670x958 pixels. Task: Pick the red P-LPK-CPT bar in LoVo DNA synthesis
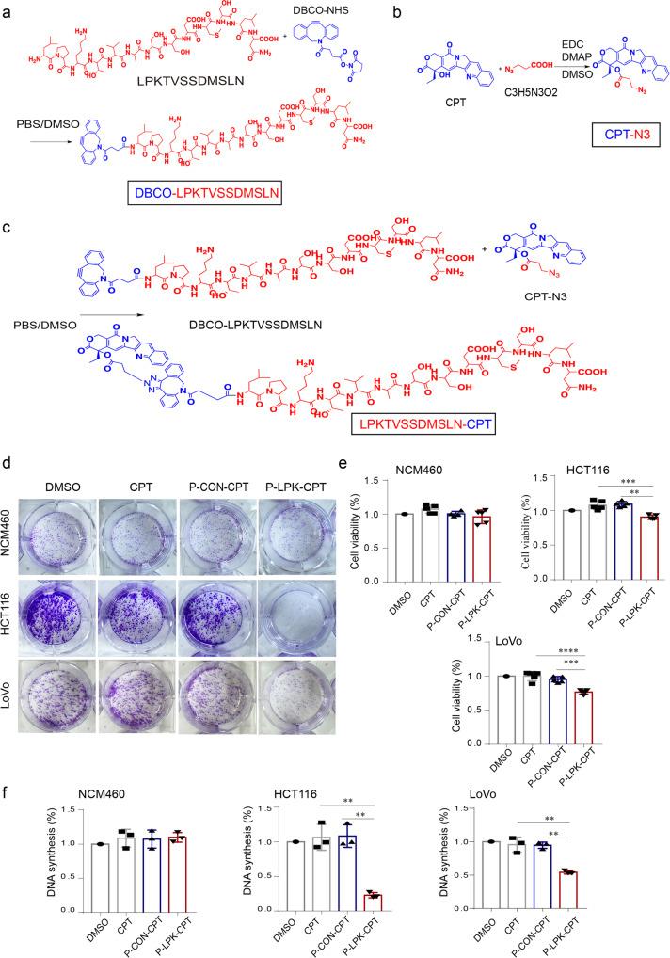(617, 886)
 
